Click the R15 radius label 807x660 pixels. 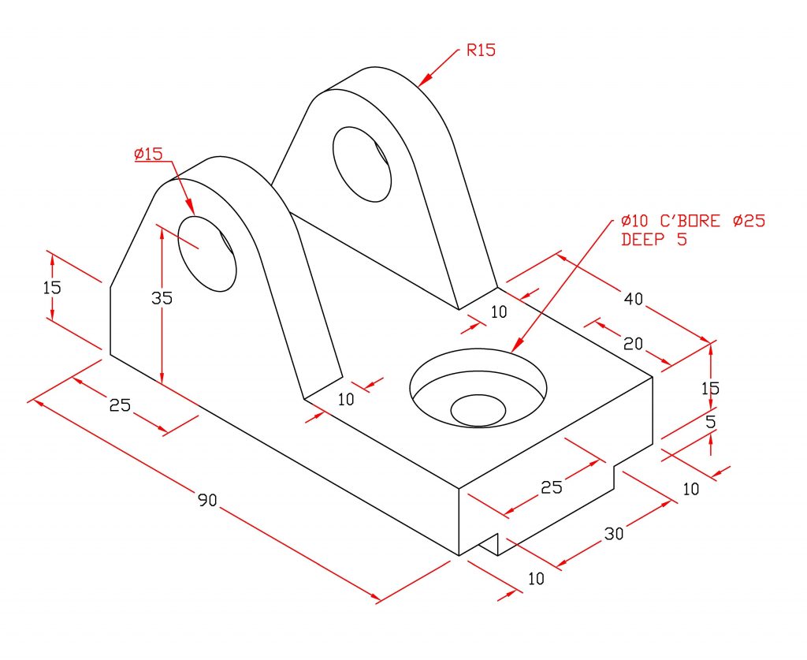482,50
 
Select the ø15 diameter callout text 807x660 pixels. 148,154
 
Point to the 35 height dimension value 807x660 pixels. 162,297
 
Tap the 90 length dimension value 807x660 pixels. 207,499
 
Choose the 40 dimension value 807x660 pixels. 633,298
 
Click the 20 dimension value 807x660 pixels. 633,343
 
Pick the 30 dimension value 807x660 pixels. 613,534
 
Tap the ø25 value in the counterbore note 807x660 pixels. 749,221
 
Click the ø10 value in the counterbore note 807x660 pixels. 636,221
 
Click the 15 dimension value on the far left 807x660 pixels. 52,287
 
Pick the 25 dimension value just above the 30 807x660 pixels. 551,487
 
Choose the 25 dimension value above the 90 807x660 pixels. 120,405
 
